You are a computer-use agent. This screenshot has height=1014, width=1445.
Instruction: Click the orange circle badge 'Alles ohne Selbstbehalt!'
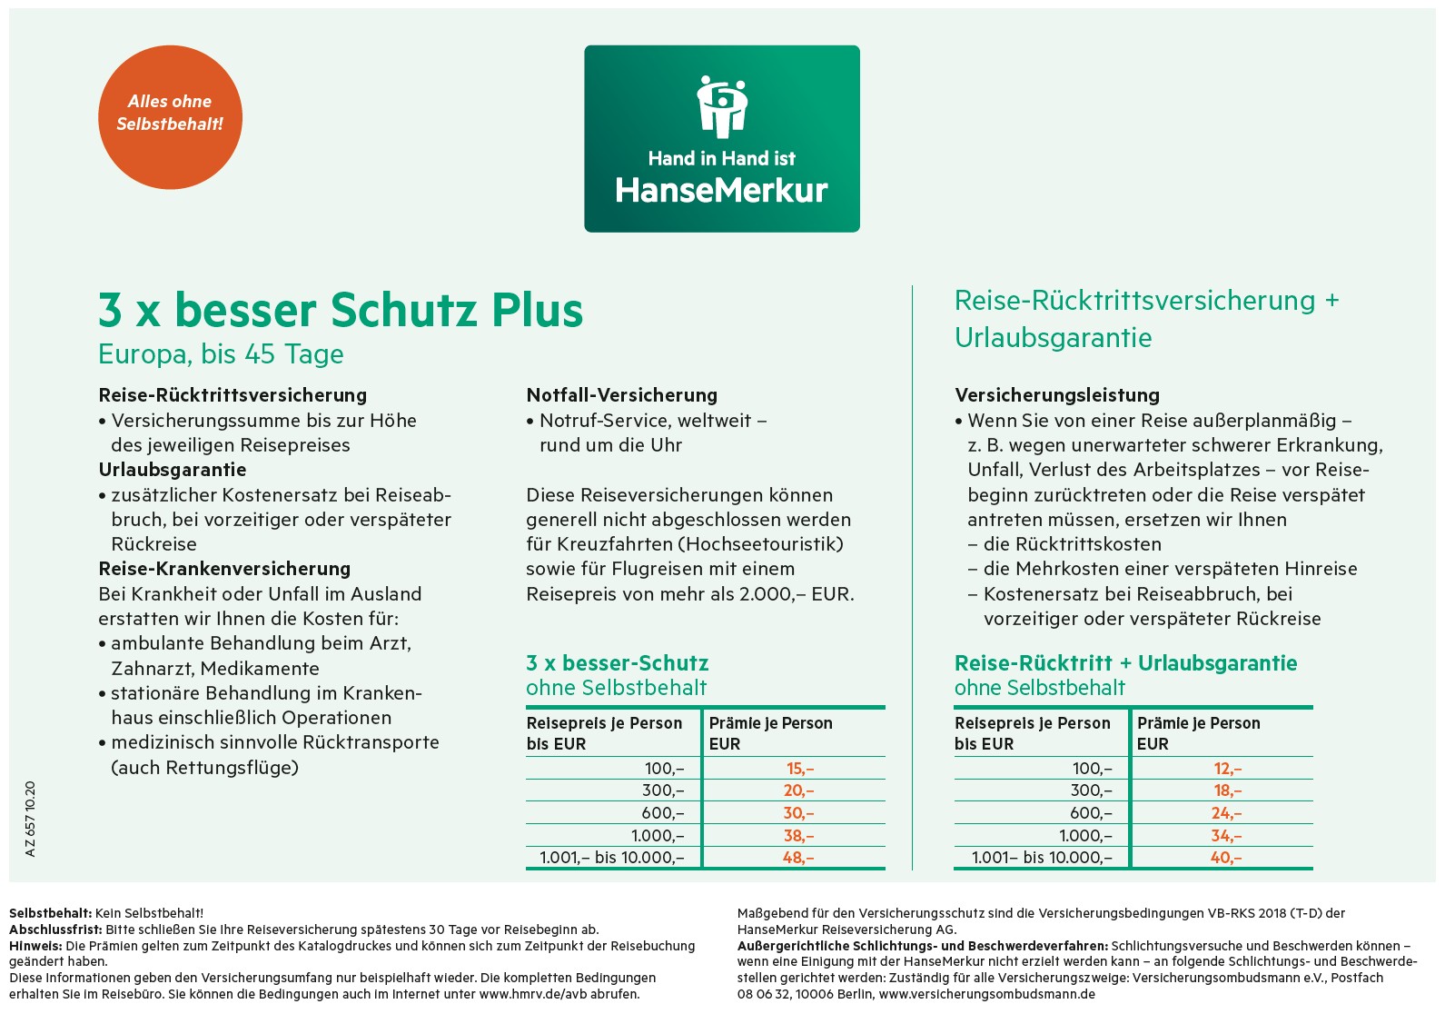click(x=170, y=117)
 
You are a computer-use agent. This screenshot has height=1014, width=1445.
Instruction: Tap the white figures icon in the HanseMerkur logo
click(x=722, y=105)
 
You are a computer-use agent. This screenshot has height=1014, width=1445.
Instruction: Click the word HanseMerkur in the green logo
click(x=722, y=191)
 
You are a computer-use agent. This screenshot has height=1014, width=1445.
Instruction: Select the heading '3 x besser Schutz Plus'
click(x=341, y=310)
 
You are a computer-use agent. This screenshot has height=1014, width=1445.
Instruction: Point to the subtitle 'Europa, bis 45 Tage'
click(x=221, y=354)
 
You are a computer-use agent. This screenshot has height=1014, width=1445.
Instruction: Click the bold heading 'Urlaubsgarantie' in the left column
click(x=173, y=470)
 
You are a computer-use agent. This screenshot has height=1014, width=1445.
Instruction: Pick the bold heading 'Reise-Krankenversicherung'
click(x=224, y=569)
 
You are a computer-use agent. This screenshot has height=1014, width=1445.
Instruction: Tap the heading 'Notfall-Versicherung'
click(x=622, y=395)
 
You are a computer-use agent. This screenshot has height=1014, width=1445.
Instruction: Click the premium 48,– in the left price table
click(x=798, y=858)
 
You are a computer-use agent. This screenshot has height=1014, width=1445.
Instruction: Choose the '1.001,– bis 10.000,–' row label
click(x=612, y=858)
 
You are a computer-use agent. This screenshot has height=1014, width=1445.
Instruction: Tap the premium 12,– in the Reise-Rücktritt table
click(x=1227, y=769)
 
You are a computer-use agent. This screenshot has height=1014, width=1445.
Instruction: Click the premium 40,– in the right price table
click(x=1226, y=858)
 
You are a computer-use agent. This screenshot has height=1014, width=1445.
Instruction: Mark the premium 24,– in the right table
click(x=1226, y=813)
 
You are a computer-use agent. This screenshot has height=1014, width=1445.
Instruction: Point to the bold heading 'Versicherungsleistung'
click(x=1057, y=395)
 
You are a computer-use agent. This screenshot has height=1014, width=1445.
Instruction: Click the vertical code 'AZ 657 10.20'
click(x=30, y=819)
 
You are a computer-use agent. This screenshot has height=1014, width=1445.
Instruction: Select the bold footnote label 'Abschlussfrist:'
click(x=56, y=929)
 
